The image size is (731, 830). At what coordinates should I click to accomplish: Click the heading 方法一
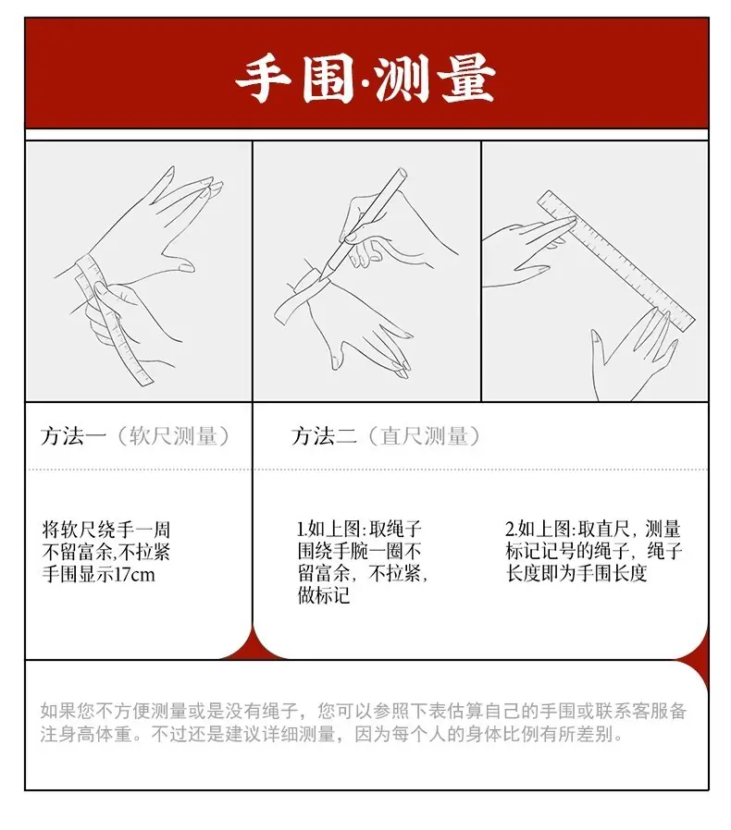click(73, 436)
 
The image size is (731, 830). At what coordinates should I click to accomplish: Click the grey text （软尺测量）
click(172, 436)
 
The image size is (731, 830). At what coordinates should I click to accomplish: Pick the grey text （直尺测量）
click(423, 436)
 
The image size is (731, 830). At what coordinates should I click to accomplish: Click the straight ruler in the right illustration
click(615, 260)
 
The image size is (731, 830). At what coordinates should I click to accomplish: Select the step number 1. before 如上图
click(302, 529)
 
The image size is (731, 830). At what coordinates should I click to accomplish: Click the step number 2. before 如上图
click(511, 529)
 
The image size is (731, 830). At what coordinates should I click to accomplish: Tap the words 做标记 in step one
click(324, 595)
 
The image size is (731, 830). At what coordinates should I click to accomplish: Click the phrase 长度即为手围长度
click(576, 573)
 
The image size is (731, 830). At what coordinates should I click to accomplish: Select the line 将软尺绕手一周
click(106, 530)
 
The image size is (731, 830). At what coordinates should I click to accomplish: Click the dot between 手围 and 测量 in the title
click(365, 82)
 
